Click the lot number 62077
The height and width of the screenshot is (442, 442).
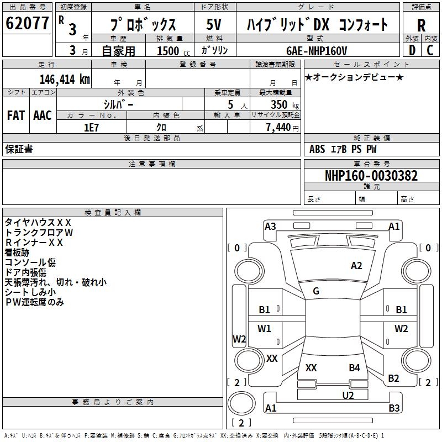pyautogui.click(x=27, y=23)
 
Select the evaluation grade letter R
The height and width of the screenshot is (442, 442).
pyautogui.click(x=421, y=25)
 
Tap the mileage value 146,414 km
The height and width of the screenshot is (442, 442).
pyautogui.click(x=65, y=80)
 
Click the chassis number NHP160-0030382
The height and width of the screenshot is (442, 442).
pyautogui.click(x=371, y=176)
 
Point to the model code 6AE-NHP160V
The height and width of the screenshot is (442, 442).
pyautogui.click(x=317, y=51)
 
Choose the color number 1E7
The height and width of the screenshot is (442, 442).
pyautogui.click(x=91, y=128)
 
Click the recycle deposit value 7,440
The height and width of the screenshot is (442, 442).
pyautogui.click(x=278, y=128)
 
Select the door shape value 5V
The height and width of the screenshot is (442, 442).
pyautogui.click(x=214, y=24)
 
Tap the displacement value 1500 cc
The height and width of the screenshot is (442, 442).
pyautogui.click(x=173, y=51)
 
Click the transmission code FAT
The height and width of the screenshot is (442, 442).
pyautogui.click(x=16, y=115)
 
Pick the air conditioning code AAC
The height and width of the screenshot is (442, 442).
pyautogui.click(x=43, y=115)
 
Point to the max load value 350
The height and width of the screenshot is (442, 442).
pyautogui.click(x=279, y=104)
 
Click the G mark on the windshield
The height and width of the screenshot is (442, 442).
pyautogui.click(x=316, y=291)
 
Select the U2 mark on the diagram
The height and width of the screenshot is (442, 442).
pyautogui.click(x=348, y=396)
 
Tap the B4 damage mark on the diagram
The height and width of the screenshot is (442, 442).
pyautogui.click(x=354, y=368)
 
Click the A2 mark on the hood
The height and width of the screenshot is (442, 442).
pyautogui.click(x=356, y=266)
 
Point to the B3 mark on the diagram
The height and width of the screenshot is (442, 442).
pyautogui.click(x=394, y=408)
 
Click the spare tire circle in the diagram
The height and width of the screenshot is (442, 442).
pyautogui.click(x=241, y=403)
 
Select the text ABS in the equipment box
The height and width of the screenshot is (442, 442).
pyautogui.click(x=317, y=149)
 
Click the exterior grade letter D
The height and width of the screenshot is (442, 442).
pyautogui.click(x=412, y=50)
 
